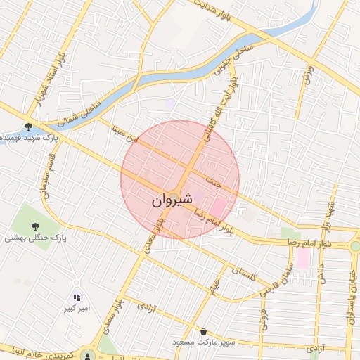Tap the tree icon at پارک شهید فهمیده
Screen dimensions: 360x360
pyautogui.click(x=27, y=127)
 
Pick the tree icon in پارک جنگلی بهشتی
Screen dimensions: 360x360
pyautogui.click(x=34, y=226)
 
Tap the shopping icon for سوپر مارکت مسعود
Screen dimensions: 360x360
pyautogui.click(x=204, y=331)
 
